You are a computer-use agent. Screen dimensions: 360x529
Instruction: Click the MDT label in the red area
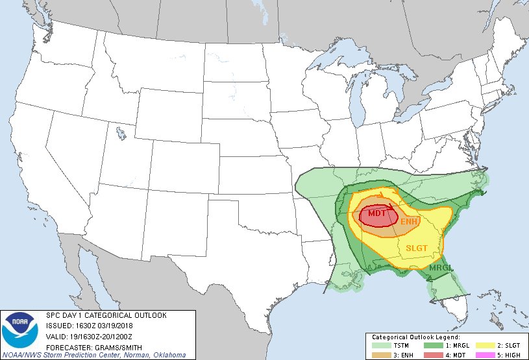(376, 213)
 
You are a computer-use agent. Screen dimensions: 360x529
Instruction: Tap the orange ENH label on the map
(409, 222)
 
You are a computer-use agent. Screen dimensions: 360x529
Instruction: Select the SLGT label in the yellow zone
(417, 248)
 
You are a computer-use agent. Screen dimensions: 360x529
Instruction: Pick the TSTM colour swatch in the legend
(382, 346)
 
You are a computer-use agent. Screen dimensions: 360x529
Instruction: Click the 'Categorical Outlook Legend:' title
(415, 338)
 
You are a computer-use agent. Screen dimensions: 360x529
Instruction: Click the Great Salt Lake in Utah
(121, 134)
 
